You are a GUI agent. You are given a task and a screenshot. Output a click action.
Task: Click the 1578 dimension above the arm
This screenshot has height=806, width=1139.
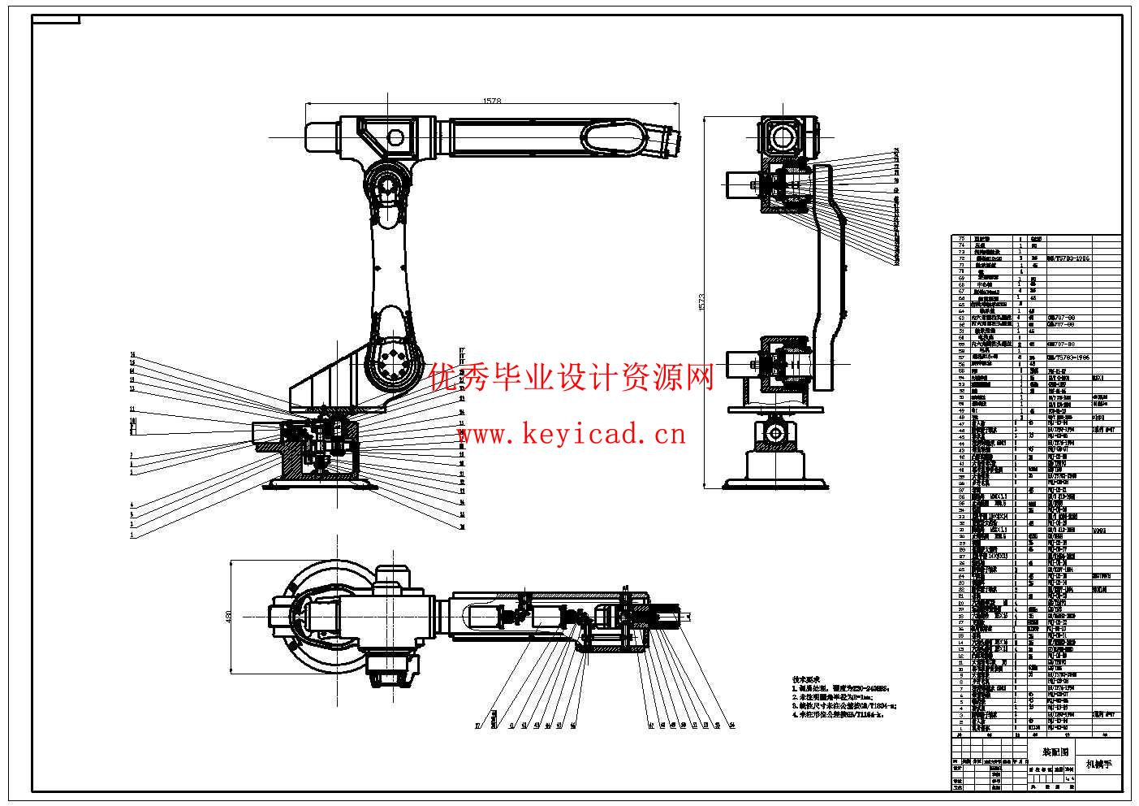tap(492, 102)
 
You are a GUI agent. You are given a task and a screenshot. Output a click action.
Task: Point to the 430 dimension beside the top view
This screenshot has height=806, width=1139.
tap(229, 617)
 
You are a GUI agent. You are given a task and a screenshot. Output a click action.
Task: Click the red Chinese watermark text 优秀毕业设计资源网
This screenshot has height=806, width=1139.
tap(572, 378)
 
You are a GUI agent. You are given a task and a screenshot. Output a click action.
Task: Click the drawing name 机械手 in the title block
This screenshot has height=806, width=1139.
tap(1100, 764)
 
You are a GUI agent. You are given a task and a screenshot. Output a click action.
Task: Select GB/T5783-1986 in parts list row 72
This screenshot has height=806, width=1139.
tap(1068, 258)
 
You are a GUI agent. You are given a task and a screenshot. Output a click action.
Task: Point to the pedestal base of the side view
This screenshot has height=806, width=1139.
tap(777, 471)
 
